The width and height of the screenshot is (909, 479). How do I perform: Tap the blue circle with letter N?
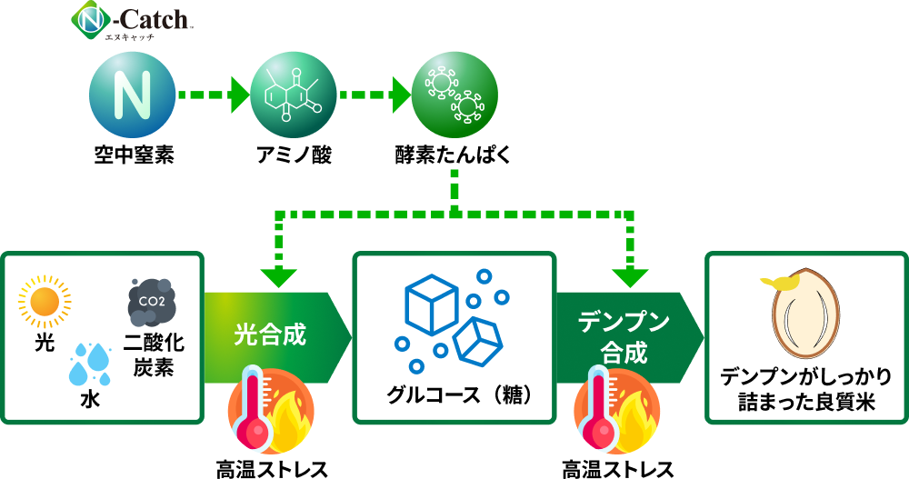coord(132,95)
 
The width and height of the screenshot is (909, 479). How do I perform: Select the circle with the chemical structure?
coord(293,95)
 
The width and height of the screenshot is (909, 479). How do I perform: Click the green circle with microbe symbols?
coord(454,95)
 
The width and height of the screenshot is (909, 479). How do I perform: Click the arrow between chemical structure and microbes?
coord(374,95)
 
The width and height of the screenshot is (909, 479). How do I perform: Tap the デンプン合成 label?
coord(624,336)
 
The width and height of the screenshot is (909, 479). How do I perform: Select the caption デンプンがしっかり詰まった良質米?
coord(806,389)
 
